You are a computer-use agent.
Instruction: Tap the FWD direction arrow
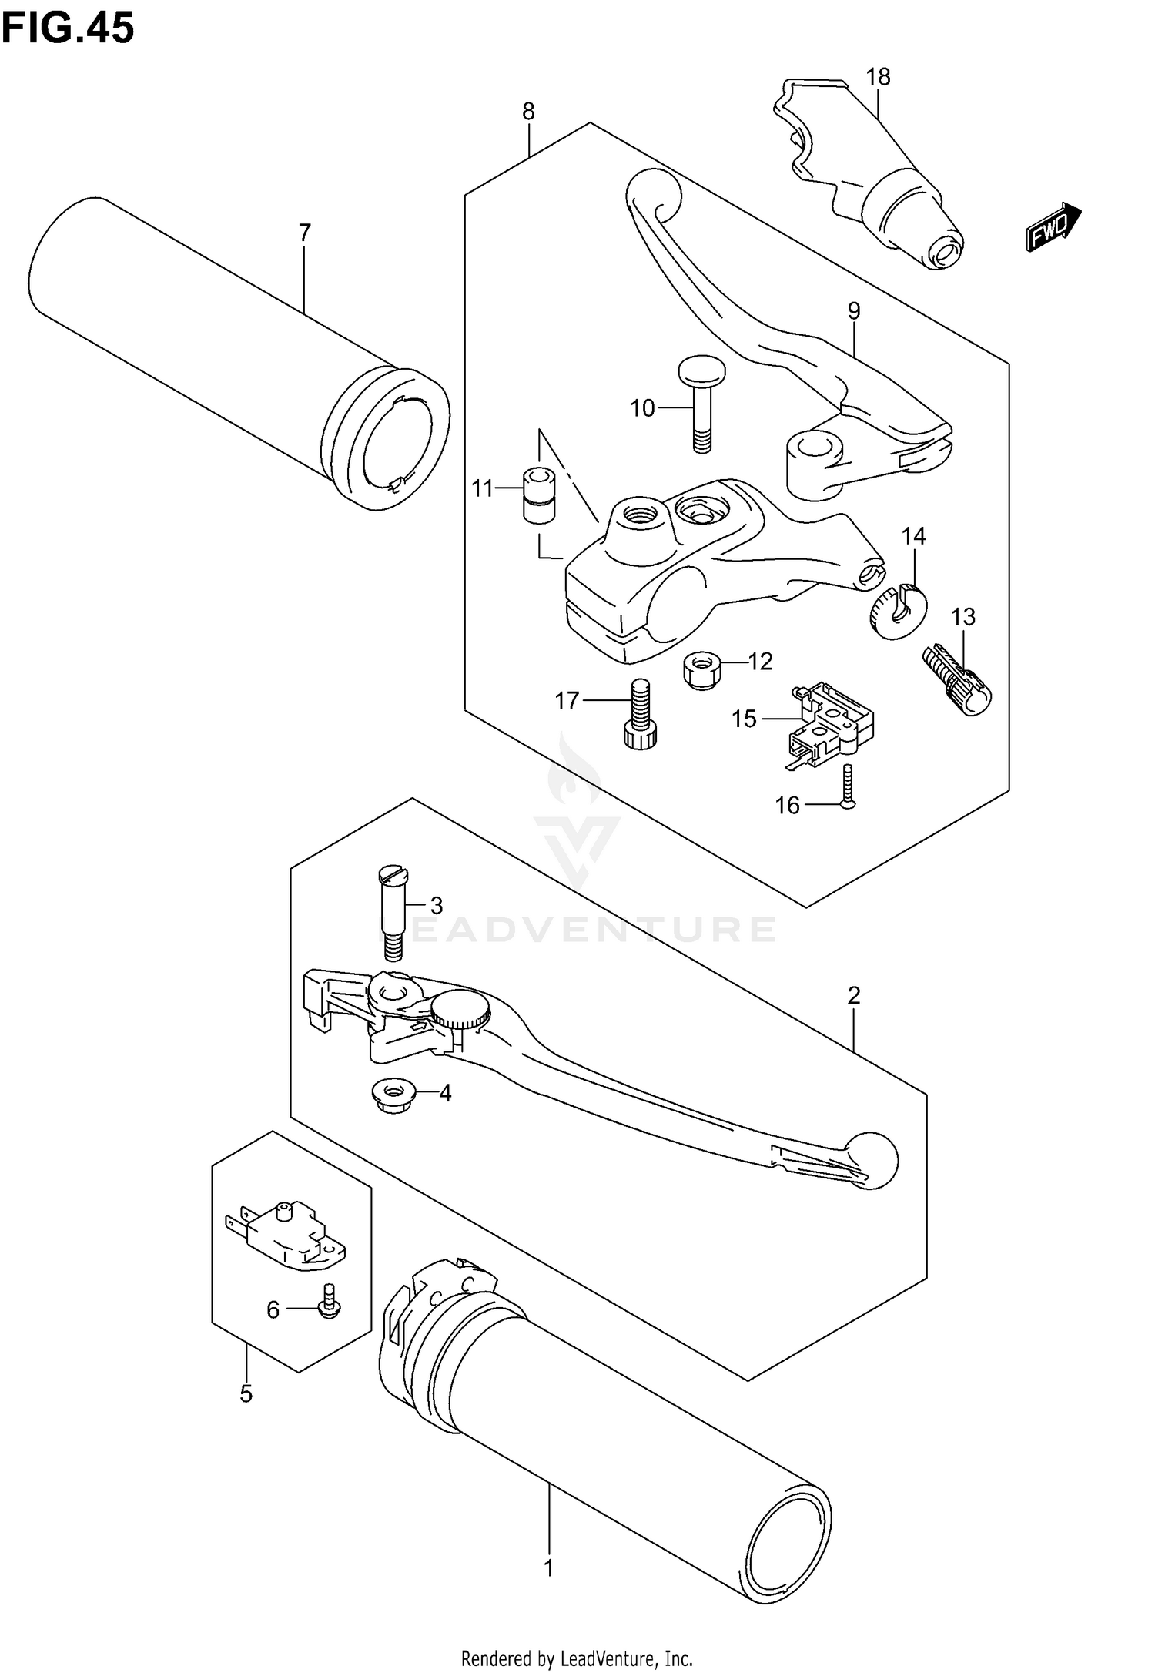[1053, 227]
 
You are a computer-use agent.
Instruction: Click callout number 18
[878, 77]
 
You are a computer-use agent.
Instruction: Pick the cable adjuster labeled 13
[959, 679]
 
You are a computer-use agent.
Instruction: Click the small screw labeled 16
[848, 787]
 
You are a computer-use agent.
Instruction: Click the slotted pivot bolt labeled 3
[393, 913]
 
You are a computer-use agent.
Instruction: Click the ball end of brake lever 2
[872, 1161]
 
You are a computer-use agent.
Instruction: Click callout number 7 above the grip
[305, 232]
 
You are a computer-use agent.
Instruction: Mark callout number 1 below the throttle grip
[549, 1568]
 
